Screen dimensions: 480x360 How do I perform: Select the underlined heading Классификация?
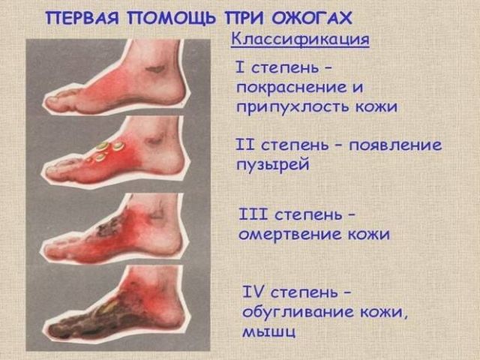300,40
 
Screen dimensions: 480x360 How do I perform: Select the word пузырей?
273,165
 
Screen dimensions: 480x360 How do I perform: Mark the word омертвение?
290,234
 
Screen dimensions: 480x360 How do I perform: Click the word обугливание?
298,313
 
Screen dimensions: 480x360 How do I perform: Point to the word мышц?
269,331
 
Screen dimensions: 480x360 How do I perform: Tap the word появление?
395,145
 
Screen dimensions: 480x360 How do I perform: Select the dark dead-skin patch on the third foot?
108,226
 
